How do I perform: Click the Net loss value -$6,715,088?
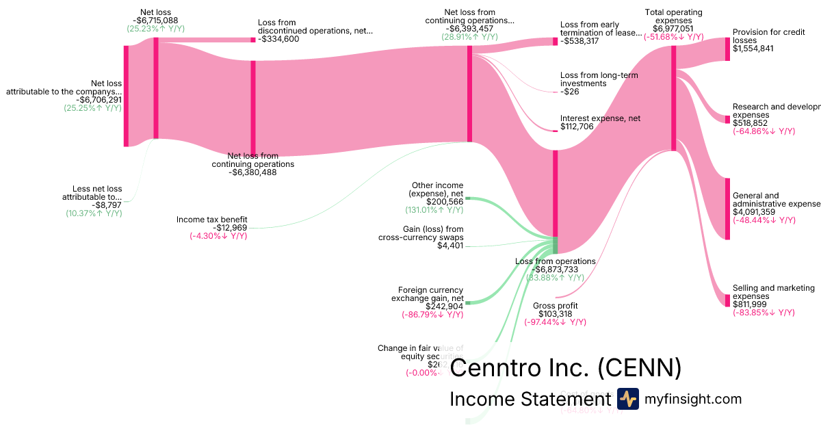click(155, 21)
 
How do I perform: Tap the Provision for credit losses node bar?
click(727, 49)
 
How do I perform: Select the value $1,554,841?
click(753, 49)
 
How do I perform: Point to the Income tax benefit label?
click(212, 220)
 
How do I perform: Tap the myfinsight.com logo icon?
click(628, 399)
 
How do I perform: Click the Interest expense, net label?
click(600, 118)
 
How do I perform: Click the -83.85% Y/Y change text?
click(764, 313)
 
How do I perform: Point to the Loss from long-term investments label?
click(599, 79)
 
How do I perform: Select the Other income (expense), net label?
click(437, 190)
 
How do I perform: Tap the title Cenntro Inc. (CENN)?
click(565, 367)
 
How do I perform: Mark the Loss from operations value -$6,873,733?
click(556, 270)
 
